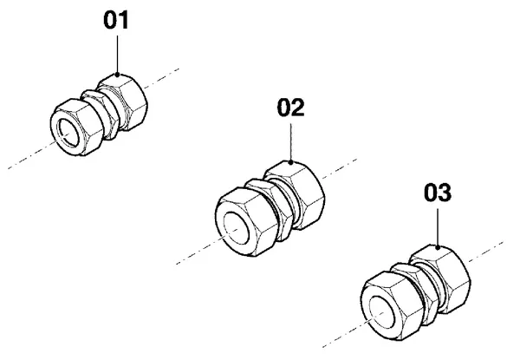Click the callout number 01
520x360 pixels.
[x=116, y=20]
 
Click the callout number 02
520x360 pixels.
[x=290, y=108]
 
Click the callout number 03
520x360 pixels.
[x=438, y=193]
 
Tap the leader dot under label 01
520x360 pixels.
[x=117, y=75]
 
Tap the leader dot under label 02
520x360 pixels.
[x=291, y=162]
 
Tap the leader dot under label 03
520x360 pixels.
[x=438, y=247]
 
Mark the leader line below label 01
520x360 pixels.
[x=117, y=54]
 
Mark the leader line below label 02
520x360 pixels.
[x=291, y=142]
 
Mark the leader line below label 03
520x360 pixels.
[x=438, y=227]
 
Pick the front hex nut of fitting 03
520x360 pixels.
[x=392, y=305]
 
